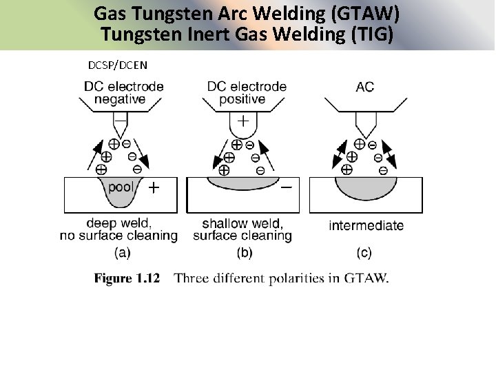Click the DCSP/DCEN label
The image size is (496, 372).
(117, 65)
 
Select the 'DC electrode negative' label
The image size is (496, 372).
(123, 93)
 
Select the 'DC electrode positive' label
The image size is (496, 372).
(247, 93)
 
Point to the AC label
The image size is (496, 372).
(365, 87)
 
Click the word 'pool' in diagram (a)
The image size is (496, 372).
(121, 186)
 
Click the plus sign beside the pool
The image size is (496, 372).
(154, 187)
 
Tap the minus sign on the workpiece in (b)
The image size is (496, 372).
(286, 187)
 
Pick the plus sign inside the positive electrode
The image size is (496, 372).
(243, 121)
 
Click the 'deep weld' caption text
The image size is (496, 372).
(119, 223)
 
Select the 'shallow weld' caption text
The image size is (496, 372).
(242, 223)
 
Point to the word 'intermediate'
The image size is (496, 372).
(366, 225)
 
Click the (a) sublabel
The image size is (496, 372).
(121, 252)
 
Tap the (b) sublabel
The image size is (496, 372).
(244, 252)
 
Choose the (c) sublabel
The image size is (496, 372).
(364, 252)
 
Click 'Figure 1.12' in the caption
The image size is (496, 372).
(127, 278)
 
